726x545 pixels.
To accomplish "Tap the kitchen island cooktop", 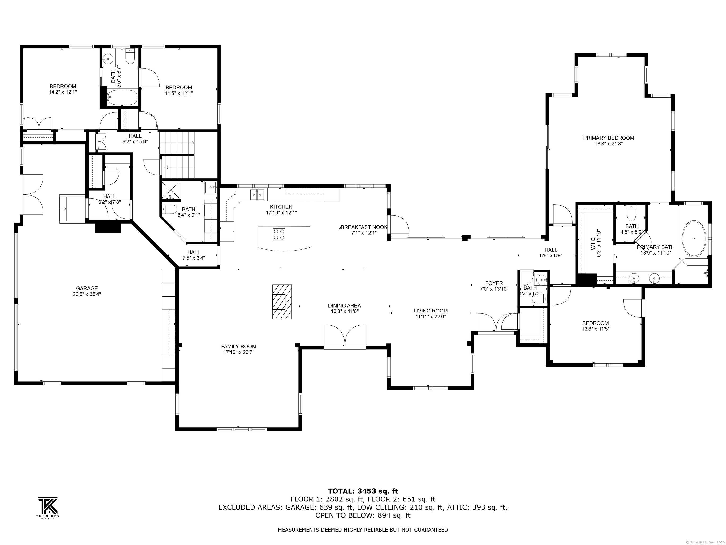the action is (x=279, y=234).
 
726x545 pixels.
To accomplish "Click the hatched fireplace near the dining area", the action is (x=282, y=302).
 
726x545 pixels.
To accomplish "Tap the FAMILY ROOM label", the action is (x=239, y=346).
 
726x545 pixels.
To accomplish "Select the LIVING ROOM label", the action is (x=430, y=310).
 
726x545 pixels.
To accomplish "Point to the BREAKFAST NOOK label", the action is (x=364, y=227).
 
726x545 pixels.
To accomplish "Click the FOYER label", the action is (x=494, y=283).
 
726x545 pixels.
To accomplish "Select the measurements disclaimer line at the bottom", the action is (x=363, y=530).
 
